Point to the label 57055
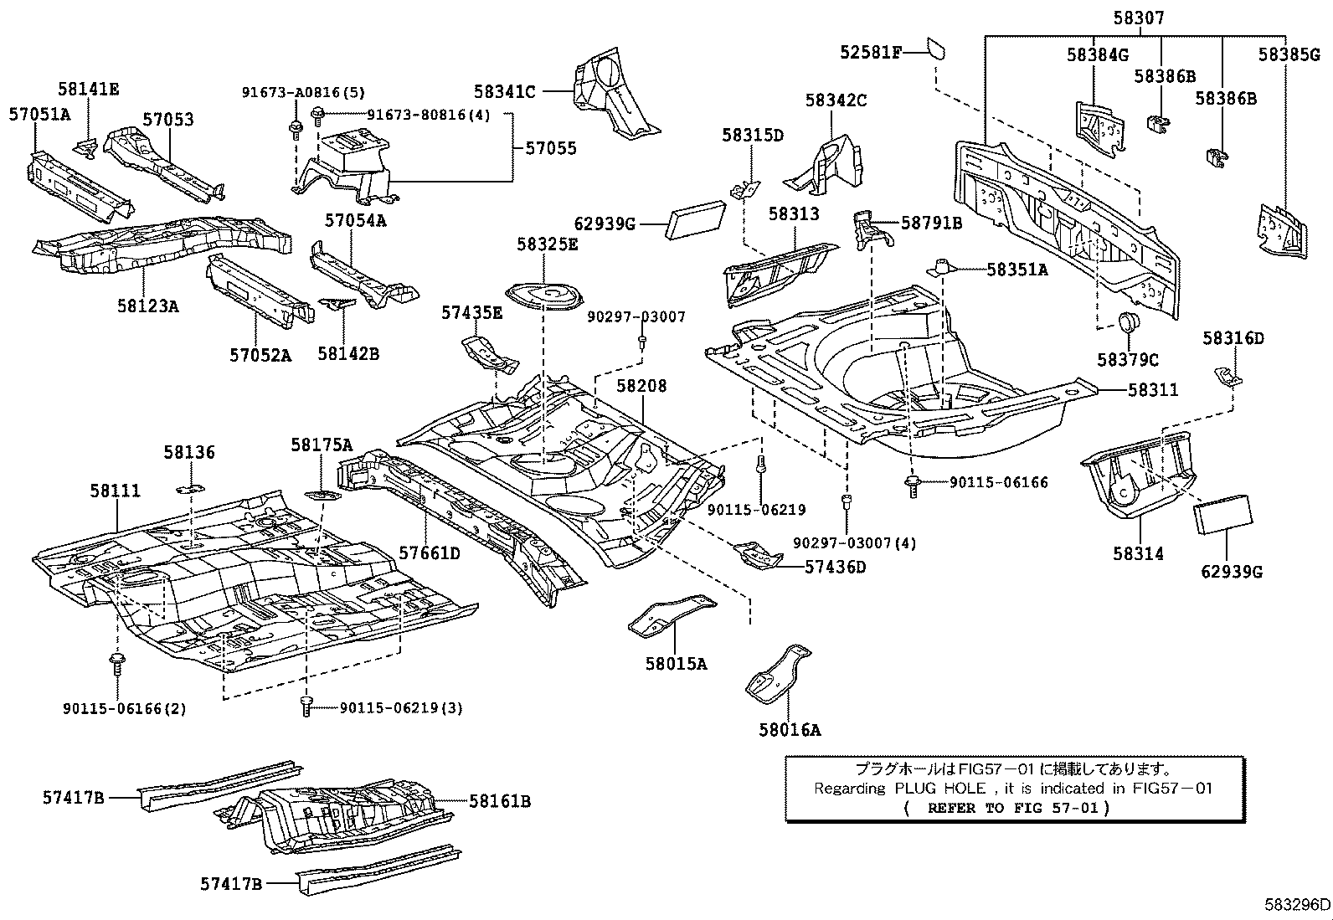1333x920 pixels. coord(551,148)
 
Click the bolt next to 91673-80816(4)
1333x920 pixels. coord(317,115)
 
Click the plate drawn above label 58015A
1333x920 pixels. coord(671,615)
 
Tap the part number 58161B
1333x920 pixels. coord(500,801)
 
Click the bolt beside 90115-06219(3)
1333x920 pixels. coord(306,707)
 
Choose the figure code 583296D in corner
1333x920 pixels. coord(1297,904)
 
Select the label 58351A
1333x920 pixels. coord(1016,270)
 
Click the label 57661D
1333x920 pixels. coord(429,553)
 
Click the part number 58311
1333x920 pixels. coord(1152,390)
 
